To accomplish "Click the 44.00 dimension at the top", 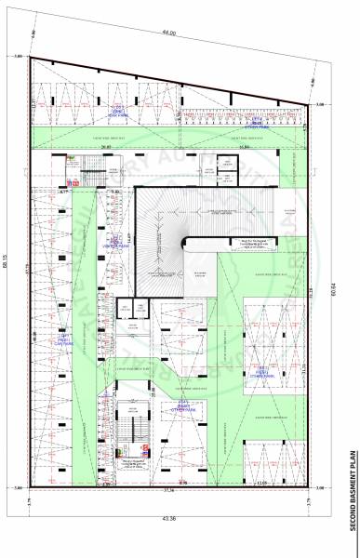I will [x=168, y=33].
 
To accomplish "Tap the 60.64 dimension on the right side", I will [x=333, y=275].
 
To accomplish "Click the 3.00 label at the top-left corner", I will [x=19, y=58].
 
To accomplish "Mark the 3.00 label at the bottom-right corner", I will [x=321, y=487].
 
